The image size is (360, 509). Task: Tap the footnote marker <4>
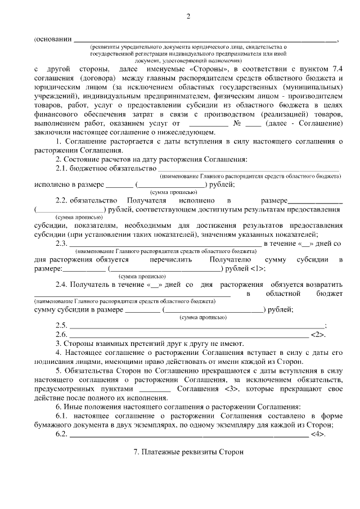[x=317, y=435]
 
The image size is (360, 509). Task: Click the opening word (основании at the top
[x=52, y=39]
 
